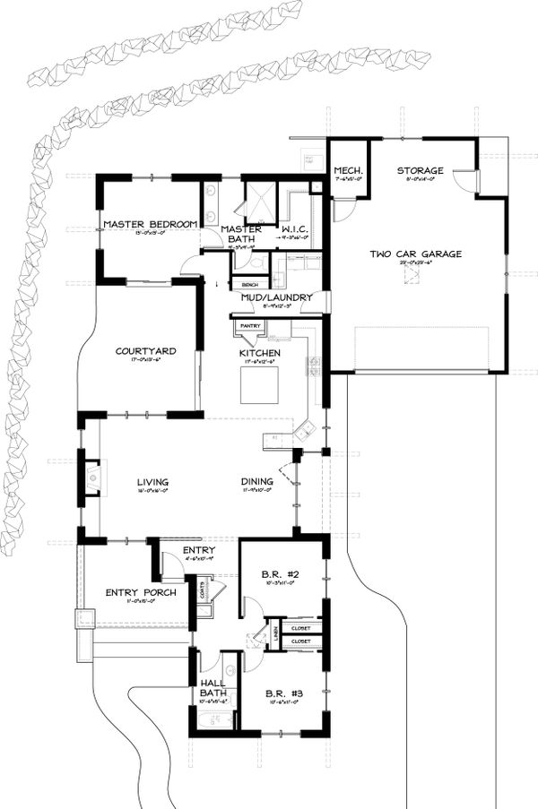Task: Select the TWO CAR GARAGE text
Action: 415,254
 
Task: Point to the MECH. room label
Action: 347,170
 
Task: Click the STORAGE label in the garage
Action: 421,170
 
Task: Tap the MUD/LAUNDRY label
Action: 276,297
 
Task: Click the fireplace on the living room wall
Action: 92,477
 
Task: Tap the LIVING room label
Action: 152,482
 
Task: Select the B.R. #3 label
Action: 281,693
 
